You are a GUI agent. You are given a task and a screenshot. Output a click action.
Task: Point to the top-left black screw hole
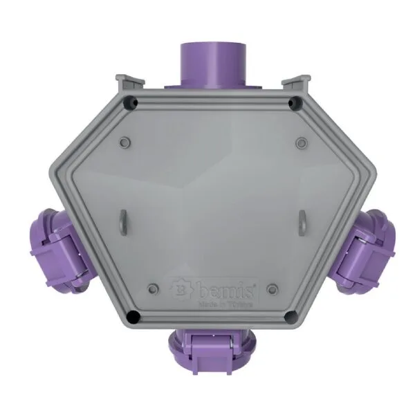(127, 104)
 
